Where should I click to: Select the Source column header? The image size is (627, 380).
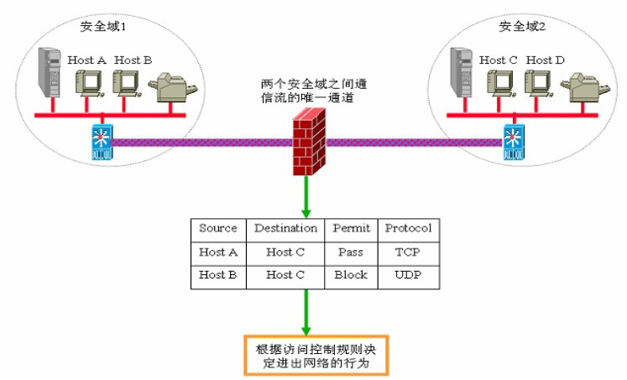(217, 228)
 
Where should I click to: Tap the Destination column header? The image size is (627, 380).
(285, 228)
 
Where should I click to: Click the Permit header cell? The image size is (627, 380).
(351, 228)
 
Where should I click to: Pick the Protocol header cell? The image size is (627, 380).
(408, 228)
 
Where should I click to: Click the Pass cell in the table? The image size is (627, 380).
(351, 252)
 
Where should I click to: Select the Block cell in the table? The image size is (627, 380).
(351, 275)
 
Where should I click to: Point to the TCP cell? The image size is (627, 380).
(408, 252)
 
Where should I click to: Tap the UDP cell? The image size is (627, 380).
(408, 275)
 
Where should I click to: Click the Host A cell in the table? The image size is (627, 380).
(217, 252)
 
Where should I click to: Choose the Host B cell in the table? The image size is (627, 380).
(217, 275)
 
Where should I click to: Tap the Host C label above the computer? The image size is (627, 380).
(493, 60)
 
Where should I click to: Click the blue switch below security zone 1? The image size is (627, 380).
(101, 142)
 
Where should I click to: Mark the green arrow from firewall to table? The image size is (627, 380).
(310, 197)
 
